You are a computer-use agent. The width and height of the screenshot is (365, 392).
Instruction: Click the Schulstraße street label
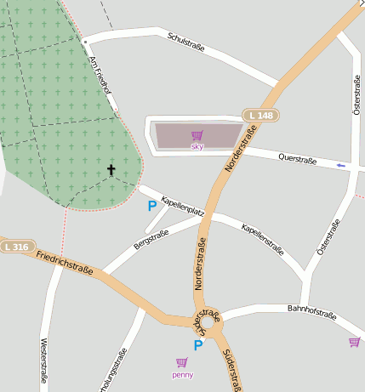(186, 43)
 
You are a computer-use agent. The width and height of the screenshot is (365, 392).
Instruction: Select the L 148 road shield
(261, 115)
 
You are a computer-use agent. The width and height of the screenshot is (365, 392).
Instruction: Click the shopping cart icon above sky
(197, 135)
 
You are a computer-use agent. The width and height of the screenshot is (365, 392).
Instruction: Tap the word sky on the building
(197, 147)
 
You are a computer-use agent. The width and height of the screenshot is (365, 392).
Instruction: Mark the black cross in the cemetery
(111, 170)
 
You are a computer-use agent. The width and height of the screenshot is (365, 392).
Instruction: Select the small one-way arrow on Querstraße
(341, 165)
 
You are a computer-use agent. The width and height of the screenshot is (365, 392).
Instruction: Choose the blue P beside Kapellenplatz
(152, 205)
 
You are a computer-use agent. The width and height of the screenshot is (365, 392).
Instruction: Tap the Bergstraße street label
(151, 239)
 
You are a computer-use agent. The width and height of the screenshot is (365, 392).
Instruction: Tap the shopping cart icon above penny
(180, 362)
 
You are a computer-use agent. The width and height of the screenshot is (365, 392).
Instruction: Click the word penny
(182, 374)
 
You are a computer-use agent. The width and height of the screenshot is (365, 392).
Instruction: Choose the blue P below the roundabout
(198, 345)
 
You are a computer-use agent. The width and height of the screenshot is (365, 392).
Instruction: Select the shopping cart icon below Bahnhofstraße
(354, 342)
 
